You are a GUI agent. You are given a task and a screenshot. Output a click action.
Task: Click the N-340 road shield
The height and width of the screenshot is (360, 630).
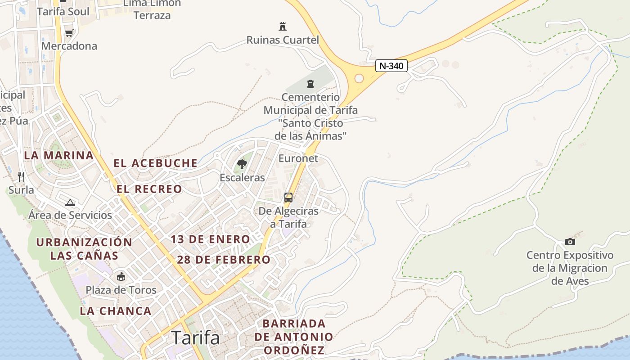(391, 66)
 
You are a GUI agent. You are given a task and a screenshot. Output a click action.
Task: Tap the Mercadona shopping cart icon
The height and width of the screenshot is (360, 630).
(69, 33)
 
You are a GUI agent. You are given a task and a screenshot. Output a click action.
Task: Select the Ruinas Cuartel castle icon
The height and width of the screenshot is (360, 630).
(282, 27)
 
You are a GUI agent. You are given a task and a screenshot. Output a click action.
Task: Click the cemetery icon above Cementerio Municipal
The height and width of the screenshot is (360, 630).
(310, 84)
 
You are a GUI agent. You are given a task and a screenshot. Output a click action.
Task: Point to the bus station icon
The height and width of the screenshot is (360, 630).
(288, 198)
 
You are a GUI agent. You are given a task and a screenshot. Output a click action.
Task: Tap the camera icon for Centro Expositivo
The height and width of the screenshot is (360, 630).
(570, 242)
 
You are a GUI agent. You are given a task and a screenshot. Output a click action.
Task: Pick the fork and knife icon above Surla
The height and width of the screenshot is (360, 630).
(21, 176)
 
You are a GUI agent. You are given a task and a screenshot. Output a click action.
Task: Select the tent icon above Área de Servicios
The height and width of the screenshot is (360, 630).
(70, 202)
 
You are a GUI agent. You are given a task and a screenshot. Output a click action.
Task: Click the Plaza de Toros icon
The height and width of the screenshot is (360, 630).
(121, 276)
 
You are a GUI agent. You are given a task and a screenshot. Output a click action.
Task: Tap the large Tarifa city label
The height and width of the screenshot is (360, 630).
(196, 337)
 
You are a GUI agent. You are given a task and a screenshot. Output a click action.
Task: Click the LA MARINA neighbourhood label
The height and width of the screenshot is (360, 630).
(58, 156)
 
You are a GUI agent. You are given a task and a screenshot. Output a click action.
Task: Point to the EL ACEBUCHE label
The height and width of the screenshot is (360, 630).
(155, 163)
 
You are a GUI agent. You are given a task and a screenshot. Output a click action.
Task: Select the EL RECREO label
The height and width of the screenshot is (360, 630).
(149, 189)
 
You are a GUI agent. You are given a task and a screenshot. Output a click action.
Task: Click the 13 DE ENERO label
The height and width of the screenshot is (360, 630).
(210, 239)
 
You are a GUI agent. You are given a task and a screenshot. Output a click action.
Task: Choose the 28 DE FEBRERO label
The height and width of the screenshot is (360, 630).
(223, 260)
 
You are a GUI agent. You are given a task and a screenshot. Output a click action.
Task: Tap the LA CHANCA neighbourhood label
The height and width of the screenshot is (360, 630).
(116, 310)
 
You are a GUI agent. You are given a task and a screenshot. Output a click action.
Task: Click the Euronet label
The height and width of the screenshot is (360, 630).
(298, 158)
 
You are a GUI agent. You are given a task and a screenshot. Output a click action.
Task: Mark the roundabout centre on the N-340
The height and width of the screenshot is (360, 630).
(359, 78)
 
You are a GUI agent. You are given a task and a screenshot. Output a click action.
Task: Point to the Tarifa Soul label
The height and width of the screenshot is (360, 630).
(63, 11)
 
